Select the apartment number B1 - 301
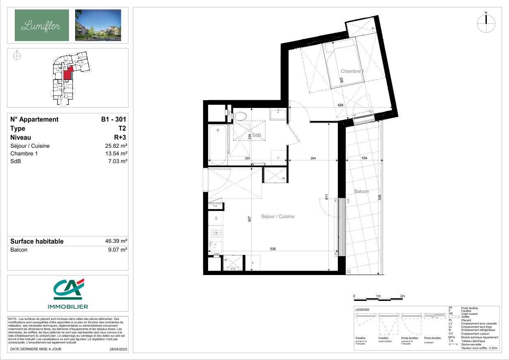click(114, 119)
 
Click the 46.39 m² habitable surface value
click(116, 241)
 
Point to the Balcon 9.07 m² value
click(118, 250)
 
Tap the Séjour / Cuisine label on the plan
click(278, 216)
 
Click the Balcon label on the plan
click(361, 191)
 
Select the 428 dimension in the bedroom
click(340, 105)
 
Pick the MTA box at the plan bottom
click(232, 269)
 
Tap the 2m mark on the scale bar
click(403, 296)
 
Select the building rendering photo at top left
click(98, 25)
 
